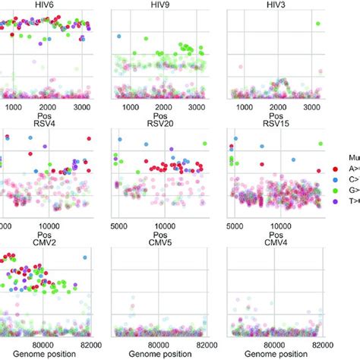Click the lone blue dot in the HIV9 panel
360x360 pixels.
(x=118, y=36)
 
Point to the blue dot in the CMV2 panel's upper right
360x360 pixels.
(x=85, y=259)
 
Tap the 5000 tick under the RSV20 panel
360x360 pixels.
(x=121, y=226)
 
